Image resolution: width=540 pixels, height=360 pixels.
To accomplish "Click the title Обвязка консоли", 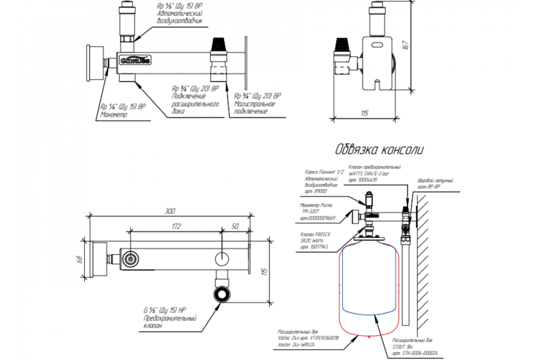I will tap(380, 150).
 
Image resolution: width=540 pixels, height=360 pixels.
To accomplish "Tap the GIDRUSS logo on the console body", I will tap(135, 60).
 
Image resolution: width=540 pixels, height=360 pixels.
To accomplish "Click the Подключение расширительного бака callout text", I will tap(195, 100).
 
